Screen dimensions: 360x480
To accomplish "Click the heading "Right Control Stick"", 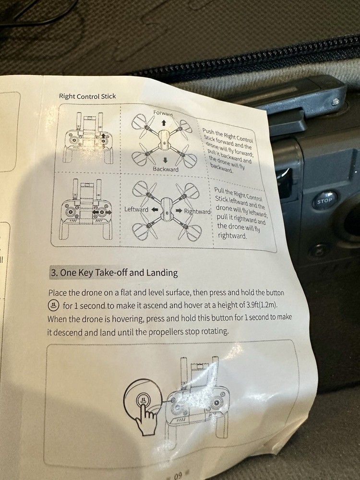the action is point(87,96).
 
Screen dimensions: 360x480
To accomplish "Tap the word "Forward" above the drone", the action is point(163,113).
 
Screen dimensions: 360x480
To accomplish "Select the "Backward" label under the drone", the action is point(166,169).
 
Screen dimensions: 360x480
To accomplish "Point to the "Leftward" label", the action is point(136,209).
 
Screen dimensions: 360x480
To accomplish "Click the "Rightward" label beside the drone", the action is point(197,211).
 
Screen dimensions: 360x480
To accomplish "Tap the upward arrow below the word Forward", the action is point(164,123).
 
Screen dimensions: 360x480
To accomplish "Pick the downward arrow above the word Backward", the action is point(165,160).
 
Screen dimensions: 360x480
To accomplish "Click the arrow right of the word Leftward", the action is point(155,210).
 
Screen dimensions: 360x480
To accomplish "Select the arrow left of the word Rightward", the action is point(179,211).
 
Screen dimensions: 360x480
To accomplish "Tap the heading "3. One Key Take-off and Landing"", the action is point(114,273).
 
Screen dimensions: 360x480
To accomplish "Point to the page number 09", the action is point(178,476).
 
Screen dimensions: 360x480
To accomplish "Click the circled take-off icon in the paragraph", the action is point(53,305).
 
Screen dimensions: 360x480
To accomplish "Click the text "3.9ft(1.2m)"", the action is point(262,305).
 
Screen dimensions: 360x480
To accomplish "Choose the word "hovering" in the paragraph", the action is point(128,319).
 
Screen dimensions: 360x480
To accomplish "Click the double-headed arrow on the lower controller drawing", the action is point(102,212).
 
